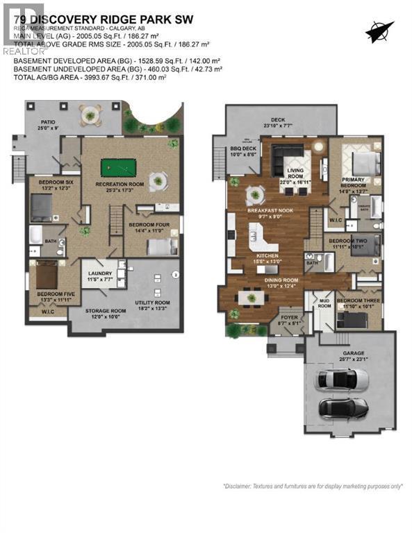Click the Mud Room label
coord(325,304)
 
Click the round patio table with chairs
coord(89,114)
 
